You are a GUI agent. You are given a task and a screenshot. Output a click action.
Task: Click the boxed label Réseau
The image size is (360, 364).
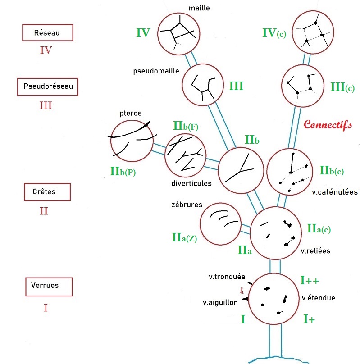[47, 33]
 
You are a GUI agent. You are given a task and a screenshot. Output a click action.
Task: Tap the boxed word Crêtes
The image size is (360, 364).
[44, 192]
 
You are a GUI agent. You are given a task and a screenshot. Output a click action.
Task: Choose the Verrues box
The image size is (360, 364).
[45, 286]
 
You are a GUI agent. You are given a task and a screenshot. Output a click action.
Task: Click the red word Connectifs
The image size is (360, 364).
[328, 125]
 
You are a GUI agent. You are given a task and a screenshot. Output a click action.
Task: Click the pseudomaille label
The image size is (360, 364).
[156, 71]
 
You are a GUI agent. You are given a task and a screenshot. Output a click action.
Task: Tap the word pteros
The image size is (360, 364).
[131, 114]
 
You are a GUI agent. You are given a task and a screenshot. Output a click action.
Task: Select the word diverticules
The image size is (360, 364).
[191, 183]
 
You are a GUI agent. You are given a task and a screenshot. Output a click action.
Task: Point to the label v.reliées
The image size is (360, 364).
[315, 251]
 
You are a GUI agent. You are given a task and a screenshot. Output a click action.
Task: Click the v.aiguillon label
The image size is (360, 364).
[220, 303]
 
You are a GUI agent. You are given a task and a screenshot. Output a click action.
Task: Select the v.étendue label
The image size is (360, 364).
[319, 298]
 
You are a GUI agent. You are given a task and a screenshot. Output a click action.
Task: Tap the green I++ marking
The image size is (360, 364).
[310, 280]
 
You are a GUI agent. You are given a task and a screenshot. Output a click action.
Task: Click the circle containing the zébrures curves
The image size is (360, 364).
[221, 224]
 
